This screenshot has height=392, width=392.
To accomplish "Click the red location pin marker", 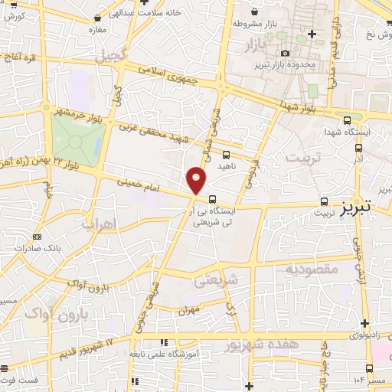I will pyautogui.click(x=197, y=180).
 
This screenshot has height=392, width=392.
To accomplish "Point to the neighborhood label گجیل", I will pyautogui.click(x=108, y=55).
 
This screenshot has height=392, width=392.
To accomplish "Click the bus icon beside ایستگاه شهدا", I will pyautogui.click(x=348, y=120).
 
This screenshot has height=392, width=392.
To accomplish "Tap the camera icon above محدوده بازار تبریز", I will pyautogui.click(x=286, y=53).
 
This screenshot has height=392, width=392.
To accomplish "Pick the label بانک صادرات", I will pyautogui.click(x=42, y=249).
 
